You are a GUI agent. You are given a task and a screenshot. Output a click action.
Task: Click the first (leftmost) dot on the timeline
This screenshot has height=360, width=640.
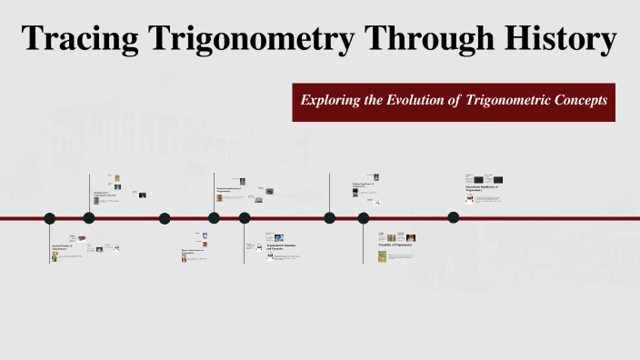[x=50, y=218]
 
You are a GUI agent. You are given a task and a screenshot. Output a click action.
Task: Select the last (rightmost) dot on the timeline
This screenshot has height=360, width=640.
[x=454, y=217]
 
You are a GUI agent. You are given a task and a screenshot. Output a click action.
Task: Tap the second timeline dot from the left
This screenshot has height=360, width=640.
[x=89, y=217]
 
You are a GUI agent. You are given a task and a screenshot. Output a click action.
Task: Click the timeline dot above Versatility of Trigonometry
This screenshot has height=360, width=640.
[x=364, y=218]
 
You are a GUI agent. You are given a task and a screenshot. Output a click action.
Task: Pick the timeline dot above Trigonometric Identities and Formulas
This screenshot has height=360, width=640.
[x=245, y=218]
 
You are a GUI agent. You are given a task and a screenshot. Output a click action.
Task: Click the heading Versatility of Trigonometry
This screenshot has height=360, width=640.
[x=395, y=246]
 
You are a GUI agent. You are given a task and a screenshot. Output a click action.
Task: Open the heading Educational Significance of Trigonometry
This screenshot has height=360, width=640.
[x=481, y=188]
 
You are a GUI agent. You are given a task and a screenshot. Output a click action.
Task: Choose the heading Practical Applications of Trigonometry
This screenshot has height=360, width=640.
[x=232, y=190]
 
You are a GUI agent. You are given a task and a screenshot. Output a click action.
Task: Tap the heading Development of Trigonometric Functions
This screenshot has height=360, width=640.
[x=105, y=195]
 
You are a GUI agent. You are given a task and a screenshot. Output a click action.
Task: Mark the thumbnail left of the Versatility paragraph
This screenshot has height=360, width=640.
[x=382, y=257]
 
